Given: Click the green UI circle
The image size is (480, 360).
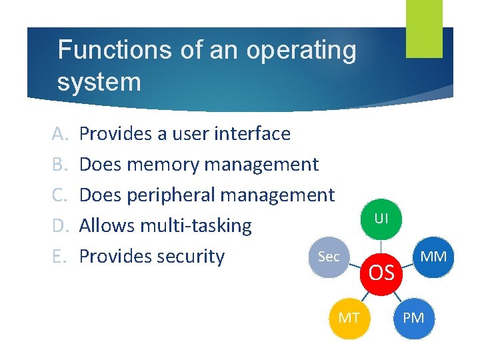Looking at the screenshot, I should (x=381, y=218).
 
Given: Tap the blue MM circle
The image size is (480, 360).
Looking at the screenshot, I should (x=433, y=255).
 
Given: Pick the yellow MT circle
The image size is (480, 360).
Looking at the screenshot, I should (x=348, y=318).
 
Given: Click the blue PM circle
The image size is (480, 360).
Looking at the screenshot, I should (x=413, y=318).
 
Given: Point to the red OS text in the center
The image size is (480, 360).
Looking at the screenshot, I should (x=381, y=273).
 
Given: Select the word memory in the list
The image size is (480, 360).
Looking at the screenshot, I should (x=165, y=165).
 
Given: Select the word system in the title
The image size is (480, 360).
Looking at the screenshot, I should (x=99, y=83).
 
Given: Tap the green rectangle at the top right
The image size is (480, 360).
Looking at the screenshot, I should (x=424, y=29).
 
